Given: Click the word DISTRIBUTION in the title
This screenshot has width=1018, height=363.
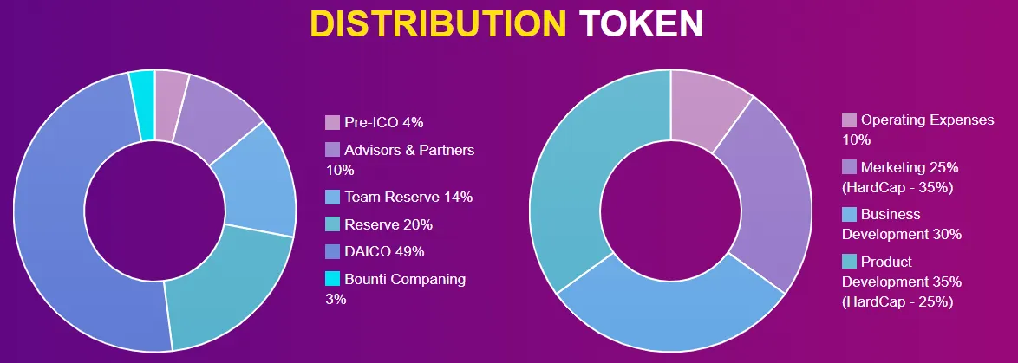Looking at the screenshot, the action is point(438,24).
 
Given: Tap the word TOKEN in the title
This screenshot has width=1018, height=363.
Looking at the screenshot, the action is point(642,24).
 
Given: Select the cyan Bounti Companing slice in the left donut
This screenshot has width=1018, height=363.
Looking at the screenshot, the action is point(142,106).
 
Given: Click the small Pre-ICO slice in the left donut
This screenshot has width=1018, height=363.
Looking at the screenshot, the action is point(170,106).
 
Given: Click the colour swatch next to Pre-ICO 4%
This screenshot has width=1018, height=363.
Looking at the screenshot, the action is point(332,122).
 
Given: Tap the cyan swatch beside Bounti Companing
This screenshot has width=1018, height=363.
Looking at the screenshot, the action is point(332,279).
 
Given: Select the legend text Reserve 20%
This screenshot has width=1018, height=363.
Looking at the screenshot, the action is point(388,225).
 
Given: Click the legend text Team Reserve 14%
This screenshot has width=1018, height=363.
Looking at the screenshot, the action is point(408,197).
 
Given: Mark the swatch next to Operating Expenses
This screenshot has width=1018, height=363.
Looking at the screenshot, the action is point(849,120).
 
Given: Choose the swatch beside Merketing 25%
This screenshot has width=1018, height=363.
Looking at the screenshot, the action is point(849,167).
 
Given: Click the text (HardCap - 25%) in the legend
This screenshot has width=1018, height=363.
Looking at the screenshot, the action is point(897,301).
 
